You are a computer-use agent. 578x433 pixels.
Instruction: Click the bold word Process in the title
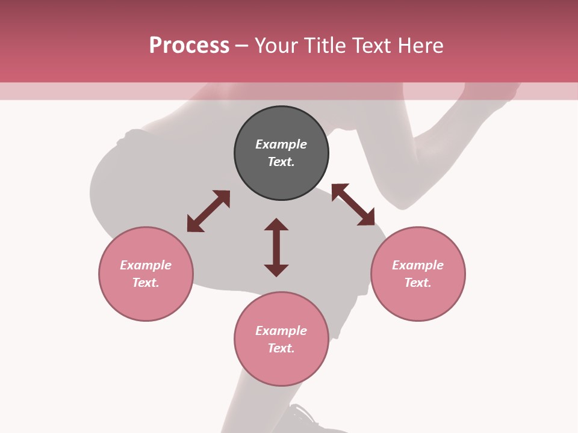coord(189,46)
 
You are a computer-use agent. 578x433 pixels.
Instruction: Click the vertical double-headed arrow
coord(276,247)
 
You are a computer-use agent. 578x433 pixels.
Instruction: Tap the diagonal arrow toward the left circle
coord(208,211)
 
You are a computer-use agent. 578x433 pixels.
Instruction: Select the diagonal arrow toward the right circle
coord(353,204)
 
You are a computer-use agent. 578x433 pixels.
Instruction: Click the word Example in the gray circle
coord(281,144)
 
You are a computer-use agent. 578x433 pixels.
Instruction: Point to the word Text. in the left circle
coord(146,283)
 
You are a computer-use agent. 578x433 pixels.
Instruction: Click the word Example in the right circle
coord(418,265)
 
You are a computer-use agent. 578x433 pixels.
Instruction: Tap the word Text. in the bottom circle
coord(281,348)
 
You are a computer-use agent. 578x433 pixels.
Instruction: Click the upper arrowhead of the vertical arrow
coord(276,225)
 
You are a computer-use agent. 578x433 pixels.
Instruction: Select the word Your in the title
coord(274,46)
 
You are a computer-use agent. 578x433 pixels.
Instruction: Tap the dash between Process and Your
coord(241,46)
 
